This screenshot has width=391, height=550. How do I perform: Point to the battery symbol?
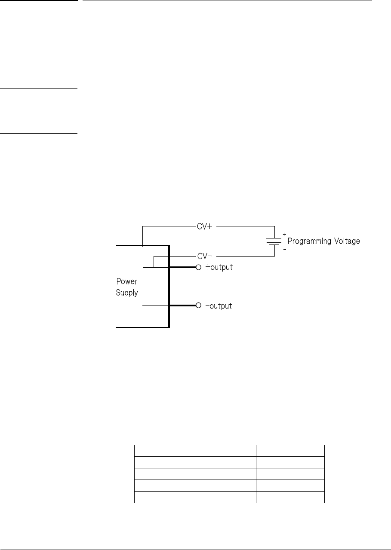[x=274, y=241]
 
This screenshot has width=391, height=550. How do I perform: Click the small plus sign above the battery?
[x=284, y=234]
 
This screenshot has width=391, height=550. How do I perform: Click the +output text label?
[x=219, y=267]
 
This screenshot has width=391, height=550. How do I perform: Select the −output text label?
[x=219, y=306]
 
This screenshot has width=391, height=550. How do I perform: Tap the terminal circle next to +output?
[x=198, y=267]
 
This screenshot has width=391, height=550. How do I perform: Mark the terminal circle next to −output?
[x=198, y=306]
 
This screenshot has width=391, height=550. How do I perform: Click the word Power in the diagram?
[x=127, y=282]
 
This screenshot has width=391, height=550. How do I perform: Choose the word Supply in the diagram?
[x=127, y=293]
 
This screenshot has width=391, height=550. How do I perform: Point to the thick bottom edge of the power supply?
[x=142, y=327]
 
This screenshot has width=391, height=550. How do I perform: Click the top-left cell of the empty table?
[x=164, y=450]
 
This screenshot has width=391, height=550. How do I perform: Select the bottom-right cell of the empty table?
[x=290, y=497]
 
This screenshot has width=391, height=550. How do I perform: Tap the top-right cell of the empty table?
[x=290, y=450]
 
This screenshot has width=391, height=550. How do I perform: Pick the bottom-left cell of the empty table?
[x=164, y=497]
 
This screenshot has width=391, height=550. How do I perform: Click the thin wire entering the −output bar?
[x=155, y=306]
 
